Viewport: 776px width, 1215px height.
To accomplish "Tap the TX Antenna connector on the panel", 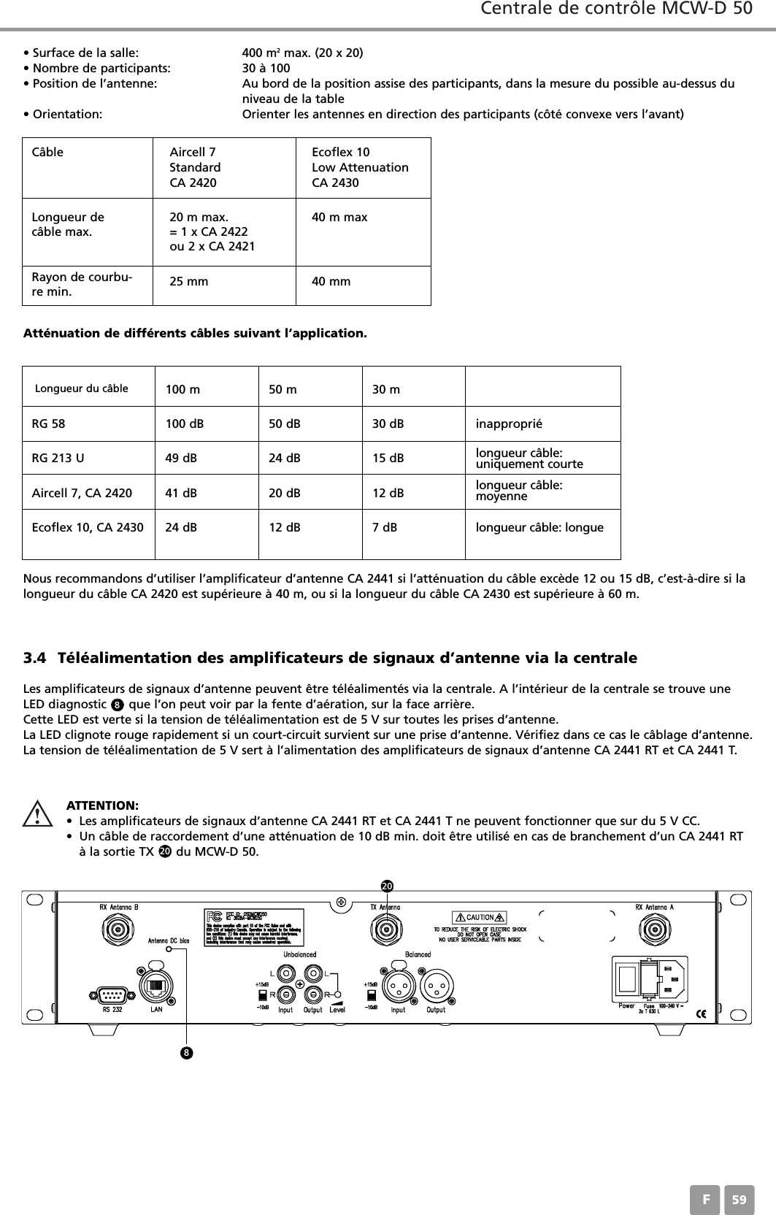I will pyautogui.click(x=385, y=930).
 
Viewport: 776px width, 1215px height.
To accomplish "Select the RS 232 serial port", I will pyautogui.click(x=112, y=994).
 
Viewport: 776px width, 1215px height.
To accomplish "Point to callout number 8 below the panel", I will pyautogui.click(x=187, y=1053).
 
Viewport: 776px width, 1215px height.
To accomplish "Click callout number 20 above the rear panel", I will pyautogui.click(x=387, y=886).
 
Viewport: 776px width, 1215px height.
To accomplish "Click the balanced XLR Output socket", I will pyautogui.click(x=436, y=987).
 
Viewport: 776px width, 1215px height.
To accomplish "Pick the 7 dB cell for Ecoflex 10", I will pyautogui.click(x=385, y=526).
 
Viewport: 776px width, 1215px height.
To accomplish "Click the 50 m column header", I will pyautogui.click(x=283, y=389).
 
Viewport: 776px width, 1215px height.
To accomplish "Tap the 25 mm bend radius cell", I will pyautogui.click(x=188, y=282).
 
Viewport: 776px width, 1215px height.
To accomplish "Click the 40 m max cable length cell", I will pyautogui.click(x=339, y=218).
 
